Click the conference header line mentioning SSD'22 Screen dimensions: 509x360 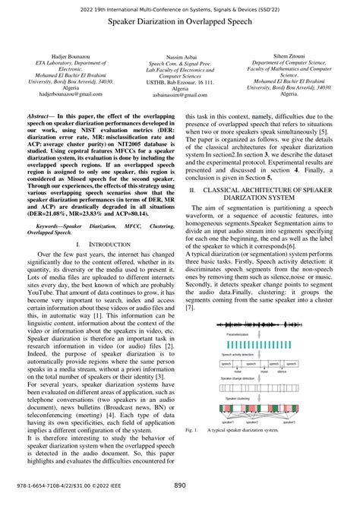180,6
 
